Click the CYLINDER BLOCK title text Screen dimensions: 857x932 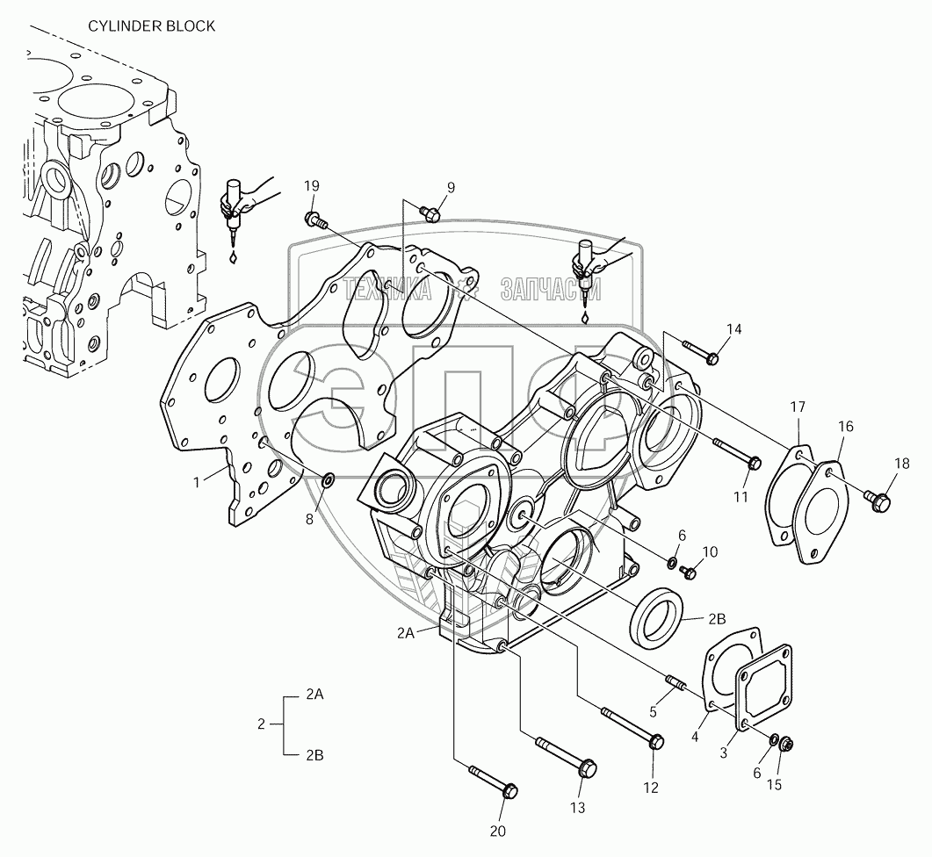150,26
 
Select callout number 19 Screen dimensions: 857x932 312,185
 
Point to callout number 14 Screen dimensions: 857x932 733,329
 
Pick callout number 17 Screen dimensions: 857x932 797,407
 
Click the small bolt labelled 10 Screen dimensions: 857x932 689,572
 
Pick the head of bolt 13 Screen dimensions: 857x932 589,767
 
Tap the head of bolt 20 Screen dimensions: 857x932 508,790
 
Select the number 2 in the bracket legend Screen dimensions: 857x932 261,724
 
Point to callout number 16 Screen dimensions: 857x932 845,426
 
